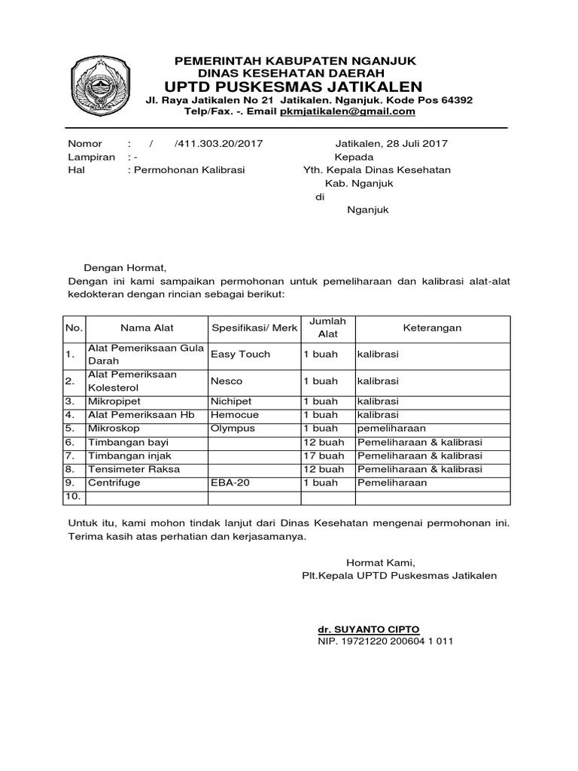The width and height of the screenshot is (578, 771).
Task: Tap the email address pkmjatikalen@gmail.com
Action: coord(348,111)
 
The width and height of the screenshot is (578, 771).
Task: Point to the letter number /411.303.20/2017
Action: coord(218,144)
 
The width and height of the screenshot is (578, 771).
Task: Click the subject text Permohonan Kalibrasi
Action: coord(189,170)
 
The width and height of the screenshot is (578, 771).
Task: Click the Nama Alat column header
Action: coord(147,328)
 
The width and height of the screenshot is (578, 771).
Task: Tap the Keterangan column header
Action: coord(432,328)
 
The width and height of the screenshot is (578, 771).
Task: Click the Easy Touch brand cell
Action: coord(240,354)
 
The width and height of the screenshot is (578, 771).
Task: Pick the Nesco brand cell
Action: coord(227,381)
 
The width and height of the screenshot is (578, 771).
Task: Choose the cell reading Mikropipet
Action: coord(114,401)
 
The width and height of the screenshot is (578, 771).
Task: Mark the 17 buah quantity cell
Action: coord(323,456)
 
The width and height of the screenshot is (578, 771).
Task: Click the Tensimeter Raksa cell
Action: coord(129,469)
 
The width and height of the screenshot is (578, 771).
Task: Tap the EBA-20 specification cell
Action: coord(230,483)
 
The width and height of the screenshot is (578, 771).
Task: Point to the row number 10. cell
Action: coord(72,497)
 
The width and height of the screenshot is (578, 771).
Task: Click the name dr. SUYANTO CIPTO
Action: coord(368,629)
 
